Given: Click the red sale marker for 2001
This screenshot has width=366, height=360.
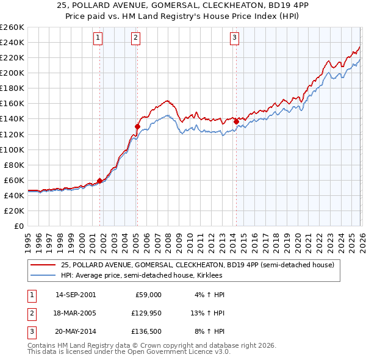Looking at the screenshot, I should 99,181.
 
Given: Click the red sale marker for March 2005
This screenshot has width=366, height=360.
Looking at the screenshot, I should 137,126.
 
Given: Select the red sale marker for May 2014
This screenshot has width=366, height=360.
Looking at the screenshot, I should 236,121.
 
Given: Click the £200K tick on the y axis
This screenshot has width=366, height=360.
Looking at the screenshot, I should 12,73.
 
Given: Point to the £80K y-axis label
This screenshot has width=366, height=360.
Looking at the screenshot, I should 14,165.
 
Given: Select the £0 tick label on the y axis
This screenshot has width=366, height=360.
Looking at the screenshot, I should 18,226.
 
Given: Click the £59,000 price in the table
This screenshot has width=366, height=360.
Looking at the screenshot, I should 147,295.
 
